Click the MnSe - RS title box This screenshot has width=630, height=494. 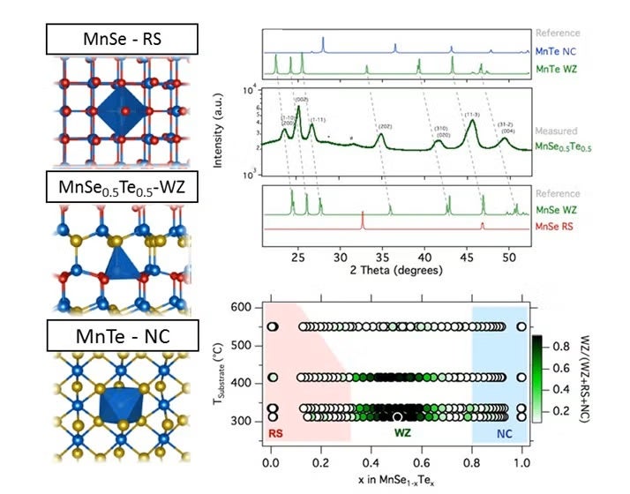122,40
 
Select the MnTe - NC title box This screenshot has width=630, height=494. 122,337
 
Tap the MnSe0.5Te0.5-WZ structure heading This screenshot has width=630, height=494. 122,187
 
